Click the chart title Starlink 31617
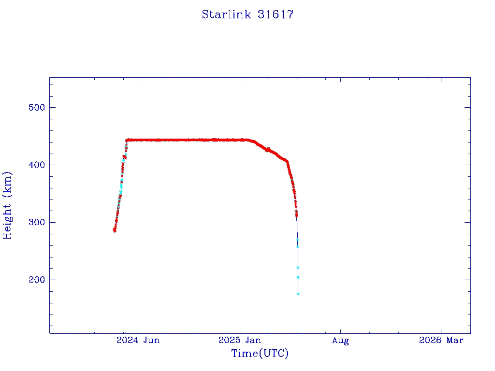coord(247,14)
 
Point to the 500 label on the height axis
coord(34,107)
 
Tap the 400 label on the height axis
coord(34,165)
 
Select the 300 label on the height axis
coord(34,222)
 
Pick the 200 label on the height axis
coord(34,280)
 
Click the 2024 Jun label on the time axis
coord(138,340)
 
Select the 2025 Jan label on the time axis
coord(240,340)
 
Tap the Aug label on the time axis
coord(340,340)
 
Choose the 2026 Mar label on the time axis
coord(441,340)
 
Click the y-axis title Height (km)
coord(7,205)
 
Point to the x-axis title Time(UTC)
coord(260,354)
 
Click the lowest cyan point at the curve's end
coord(298,293)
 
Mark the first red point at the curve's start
coord(115,230)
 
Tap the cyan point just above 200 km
coord(298,277)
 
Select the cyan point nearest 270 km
coord(297,240)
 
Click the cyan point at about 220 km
coord(298,267)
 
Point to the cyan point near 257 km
coord(298,247)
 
